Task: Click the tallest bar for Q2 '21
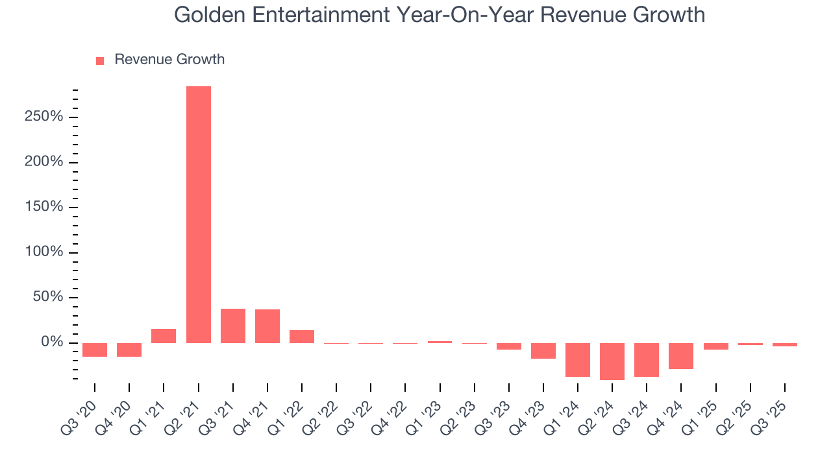coord(199,214)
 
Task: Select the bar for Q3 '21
coord(233,326)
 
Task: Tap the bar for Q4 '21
coord(267,326)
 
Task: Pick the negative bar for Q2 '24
coord(612,361)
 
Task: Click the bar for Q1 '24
coord(578,360)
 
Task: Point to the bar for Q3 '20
coord(95,350)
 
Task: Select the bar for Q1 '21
coord(164,336)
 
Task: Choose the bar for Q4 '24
coord(681,356)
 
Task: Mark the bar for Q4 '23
coord(543,351)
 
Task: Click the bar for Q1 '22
coord(302,337)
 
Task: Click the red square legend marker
coord(100,60)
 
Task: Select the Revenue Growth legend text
coord(169,60)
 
